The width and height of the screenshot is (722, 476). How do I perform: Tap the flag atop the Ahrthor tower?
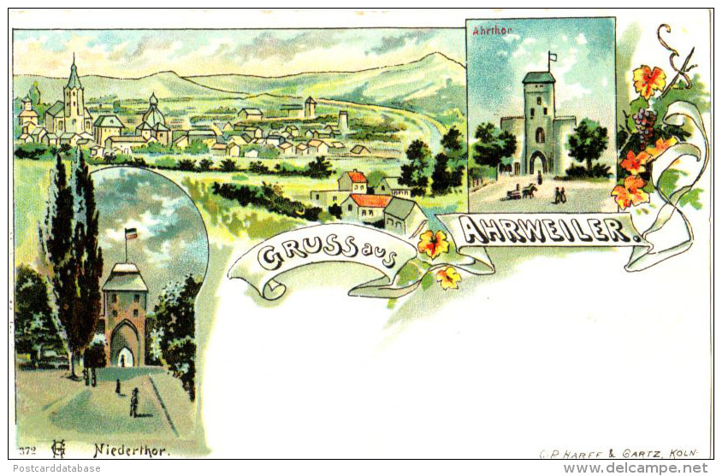click(x=553, y=58)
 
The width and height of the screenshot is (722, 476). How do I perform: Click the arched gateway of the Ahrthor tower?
click(x=538, y=162)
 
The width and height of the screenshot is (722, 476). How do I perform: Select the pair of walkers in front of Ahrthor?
click(x=559, y=195)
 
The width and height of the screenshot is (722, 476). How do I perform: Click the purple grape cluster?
click(x=643, y=126)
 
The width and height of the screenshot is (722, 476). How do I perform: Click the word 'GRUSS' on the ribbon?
click(x=298, y=255)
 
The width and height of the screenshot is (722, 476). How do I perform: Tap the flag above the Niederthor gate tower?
click(x=130, y=233)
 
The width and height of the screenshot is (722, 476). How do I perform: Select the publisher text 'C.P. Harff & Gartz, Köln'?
click(x=618, y=453)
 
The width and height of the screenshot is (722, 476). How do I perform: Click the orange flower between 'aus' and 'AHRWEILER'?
click(x=433, y=244)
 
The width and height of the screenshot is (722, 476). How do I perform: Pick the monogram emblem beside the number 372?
click(x=58, y=448)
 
